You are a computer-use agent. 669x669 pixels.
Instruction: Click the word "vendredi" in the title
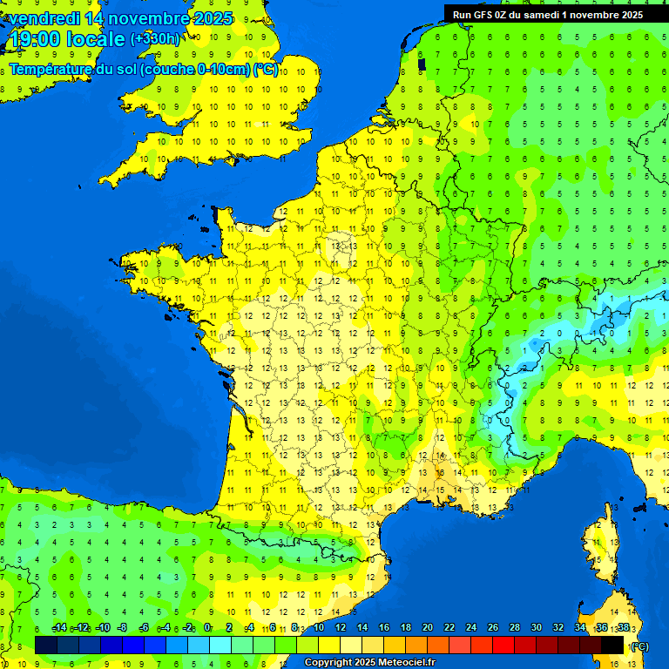pyautogui.click(x=44, y=18)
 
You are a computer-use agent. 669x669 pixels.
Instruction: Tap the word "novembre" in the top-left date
pyautogui.click(x=151, y=18)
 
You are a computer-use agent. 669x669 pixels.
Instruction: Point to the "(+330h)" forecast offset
pyautogui.click(x=155, y=39)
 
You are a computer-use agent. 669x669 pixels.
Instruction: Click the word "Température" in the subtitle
pyautogui.click(x=51, y=70)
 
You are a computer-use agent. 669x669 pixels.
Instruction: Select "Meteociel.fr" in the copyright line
pyautogui.click(x=401, y=663)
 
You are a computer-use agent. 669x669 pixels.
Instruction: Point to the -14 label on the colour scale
pyautogui.click(x=59, y=628)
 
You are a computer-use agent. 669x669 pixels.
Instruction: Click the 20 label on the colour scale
pyautogui.click(x=428, y=628)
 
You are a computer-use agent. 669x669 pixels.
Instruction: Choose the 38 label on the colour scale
pyautogui.click(x=623, y=628)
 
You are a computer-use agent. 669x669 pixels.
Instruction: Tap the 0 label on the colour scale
pyautogui.click(x=207, y=628)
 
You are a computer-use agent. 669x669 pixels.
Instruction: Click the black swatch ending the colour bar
pyautogui.click(x=612, y=645)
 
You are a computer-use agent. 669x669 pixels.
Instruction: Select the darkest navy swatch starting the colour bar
pyautogui.click(x=46, y=645)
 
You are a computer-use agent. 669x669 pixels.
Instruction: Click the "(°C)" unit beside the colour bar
pyautogui.click(x=639, y=645)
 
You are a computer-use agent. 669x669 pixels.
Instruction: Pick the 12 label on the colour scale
pyautogui.click(x=340, y=628)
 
